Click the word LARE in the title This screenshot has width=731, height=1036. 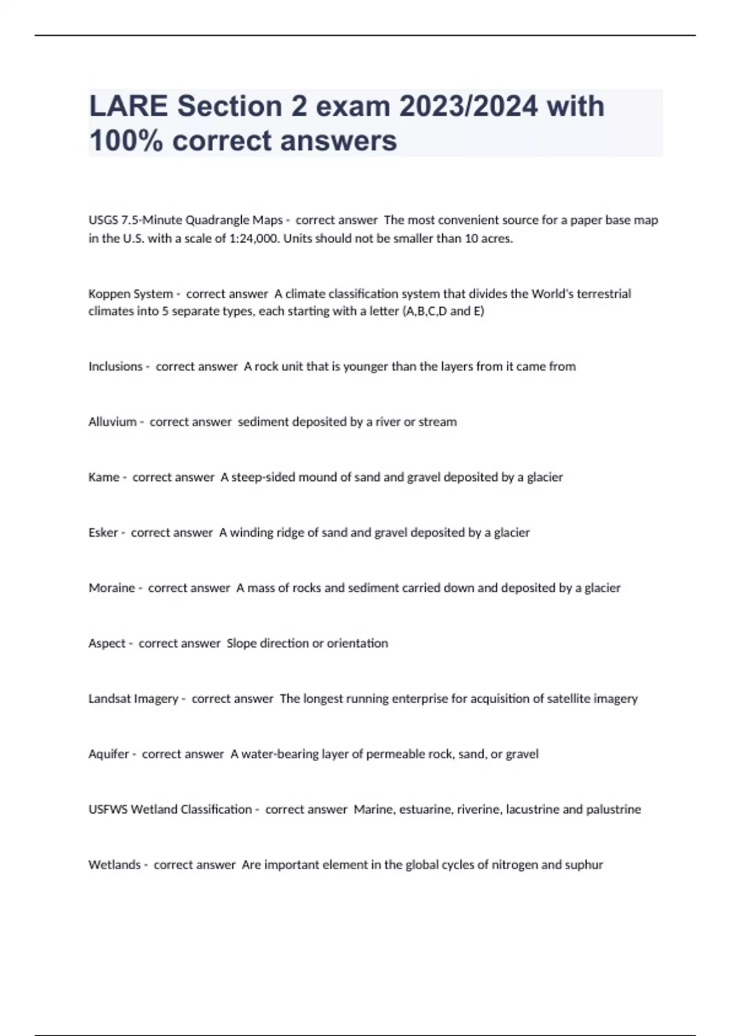(x=128, y=107)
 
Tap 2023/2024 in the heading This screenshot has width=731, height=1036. (x=468, y=107)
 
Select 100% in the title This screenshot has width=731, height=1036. (x=126, y=141)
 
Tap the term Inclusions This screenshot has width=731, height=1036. (x=115, y=366)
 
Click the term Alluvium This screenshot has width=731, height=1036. (x=112, y=422)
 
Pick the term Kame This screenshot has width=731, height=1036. (x=104, y=477)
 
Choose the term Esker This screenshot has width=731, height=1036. (x=103, y=533)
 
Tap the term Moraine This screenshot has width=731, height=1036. (x=111, y=588)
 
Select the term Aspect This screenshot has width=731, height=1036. (x=107, y=644)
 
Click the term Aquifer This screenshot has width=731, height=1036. (x=108, y=754)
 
